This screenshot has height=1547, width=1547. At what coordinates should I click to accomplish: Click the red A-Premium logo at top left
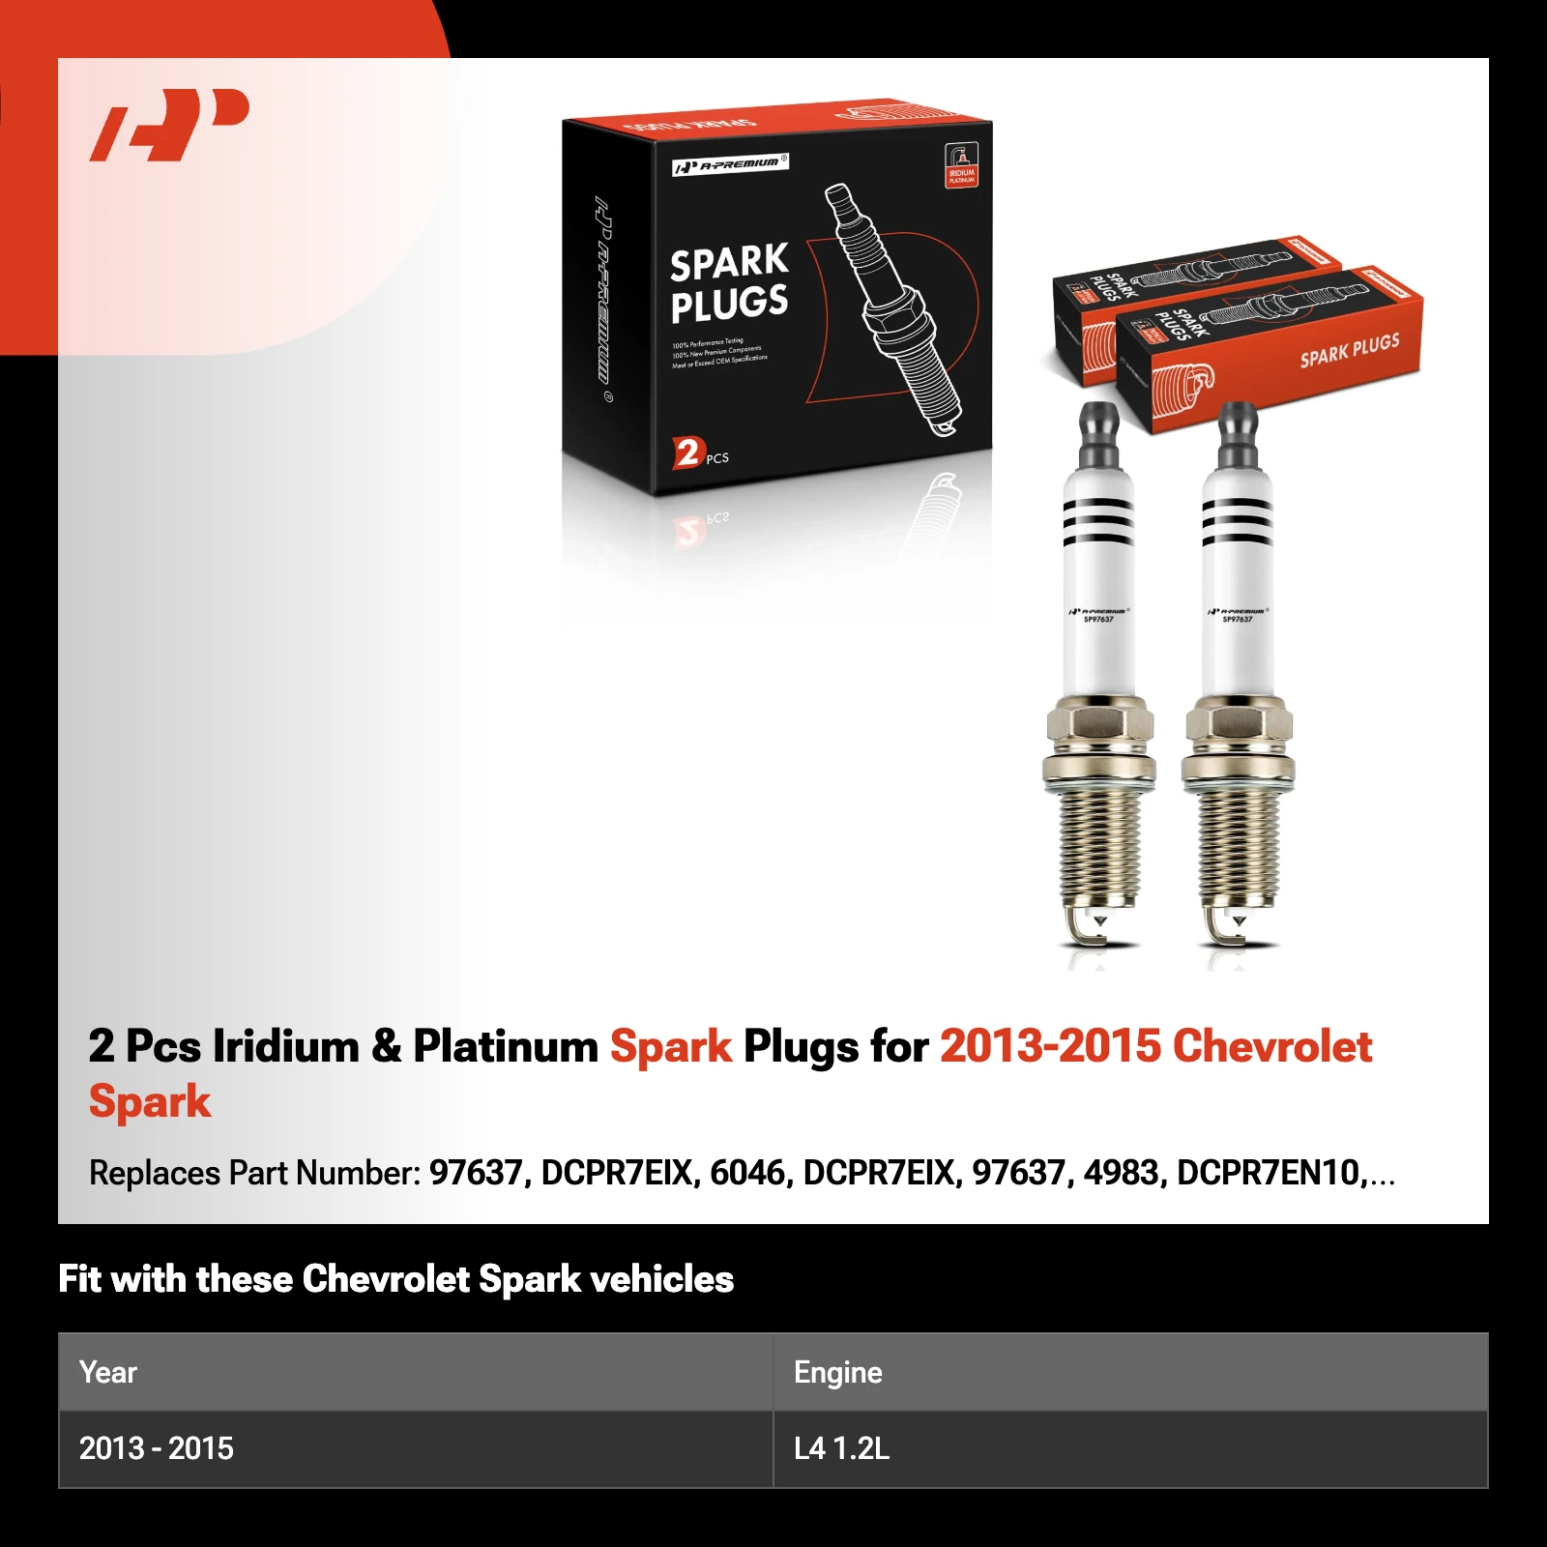tap(169, 125)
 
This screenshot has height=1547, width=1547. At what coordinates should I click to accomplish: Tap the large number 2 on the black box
tap(686, 452)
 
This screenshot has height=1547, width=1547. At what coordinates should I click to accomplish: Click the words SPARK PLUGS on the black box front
tap(729, 282)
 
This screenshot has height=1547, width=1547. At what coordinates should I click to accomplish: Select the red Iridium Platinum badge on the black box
tap(961, 164)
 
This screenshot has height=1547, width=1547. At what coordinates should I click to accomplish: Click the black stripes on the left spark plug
tap(1098, 522)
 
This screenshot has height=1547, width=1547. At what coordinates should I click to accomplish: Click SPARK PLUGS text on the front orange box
tap(1349, 350)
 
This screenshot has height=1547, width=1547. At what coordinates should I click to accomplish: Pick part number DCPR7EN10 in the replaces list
tap(1268, 1173)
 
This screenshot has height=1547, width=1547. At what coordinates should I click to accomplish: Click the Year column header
tap(108, 1372)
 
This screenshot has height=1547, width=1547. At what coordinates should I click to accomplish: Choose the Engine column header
tap(837, 1372)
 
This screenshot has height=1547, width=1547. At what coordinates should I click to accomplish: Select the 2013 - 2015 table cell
tap(157, 1448)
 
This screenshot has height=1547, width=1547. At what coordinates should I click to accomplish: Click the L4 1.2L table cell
tap(841, 1448)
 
